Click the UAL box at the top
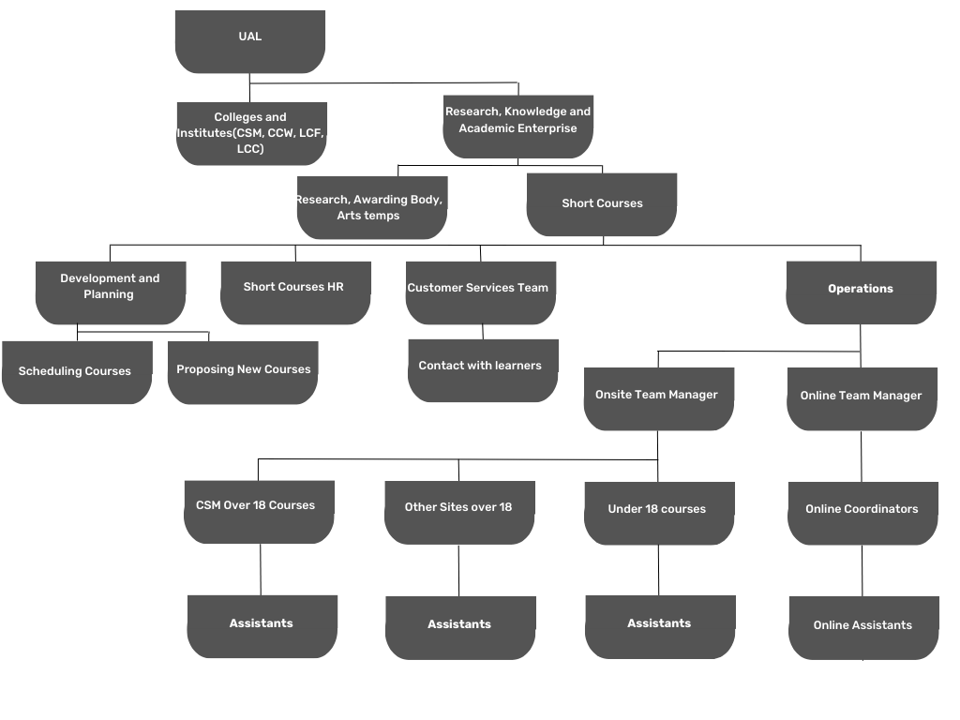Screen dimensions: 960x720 tap(249, 41)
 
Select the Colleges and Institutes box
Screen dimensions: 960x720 tap(251, 133)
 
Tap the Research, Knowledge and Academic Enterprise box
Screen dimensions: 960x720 tap(517, 127)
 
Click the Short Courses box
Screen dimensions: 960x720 tap(602, 204)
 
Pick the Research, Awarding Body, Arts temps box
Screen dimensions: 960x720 tap(372, 207)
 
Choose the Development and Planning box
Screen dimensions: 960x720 tap(111, 292)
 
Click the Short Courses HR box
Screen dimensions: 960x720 tap(295, 292)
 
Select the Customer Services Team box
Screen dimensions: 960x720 tap(481, 292)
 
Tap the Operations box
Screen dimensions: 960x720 tap(862, 292)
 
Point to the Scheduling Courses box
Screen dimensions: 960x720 tap(77, 372)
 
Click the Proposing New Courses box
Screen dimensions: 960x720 tap(243, 372)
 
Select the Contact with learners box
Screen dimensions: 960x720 tap(483, 370)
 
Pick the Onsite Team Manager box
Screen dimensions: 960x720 tap(659, 398)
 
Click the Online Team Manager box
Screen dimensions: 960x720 tap(862, 398)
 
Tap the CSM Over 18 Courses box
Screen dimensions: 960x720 tap(259, 512)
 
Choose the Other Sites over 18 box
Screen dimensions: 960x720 tap(459, 513)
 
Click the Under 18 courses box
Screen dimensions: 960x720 tap(659, 513)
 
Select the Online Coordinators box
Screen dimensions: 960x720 tap(862, 513)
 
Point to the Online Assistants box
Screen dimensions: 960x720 tap(863, 627)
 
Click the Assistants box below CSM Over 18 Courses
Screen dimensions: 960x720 tap(262, 626)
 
